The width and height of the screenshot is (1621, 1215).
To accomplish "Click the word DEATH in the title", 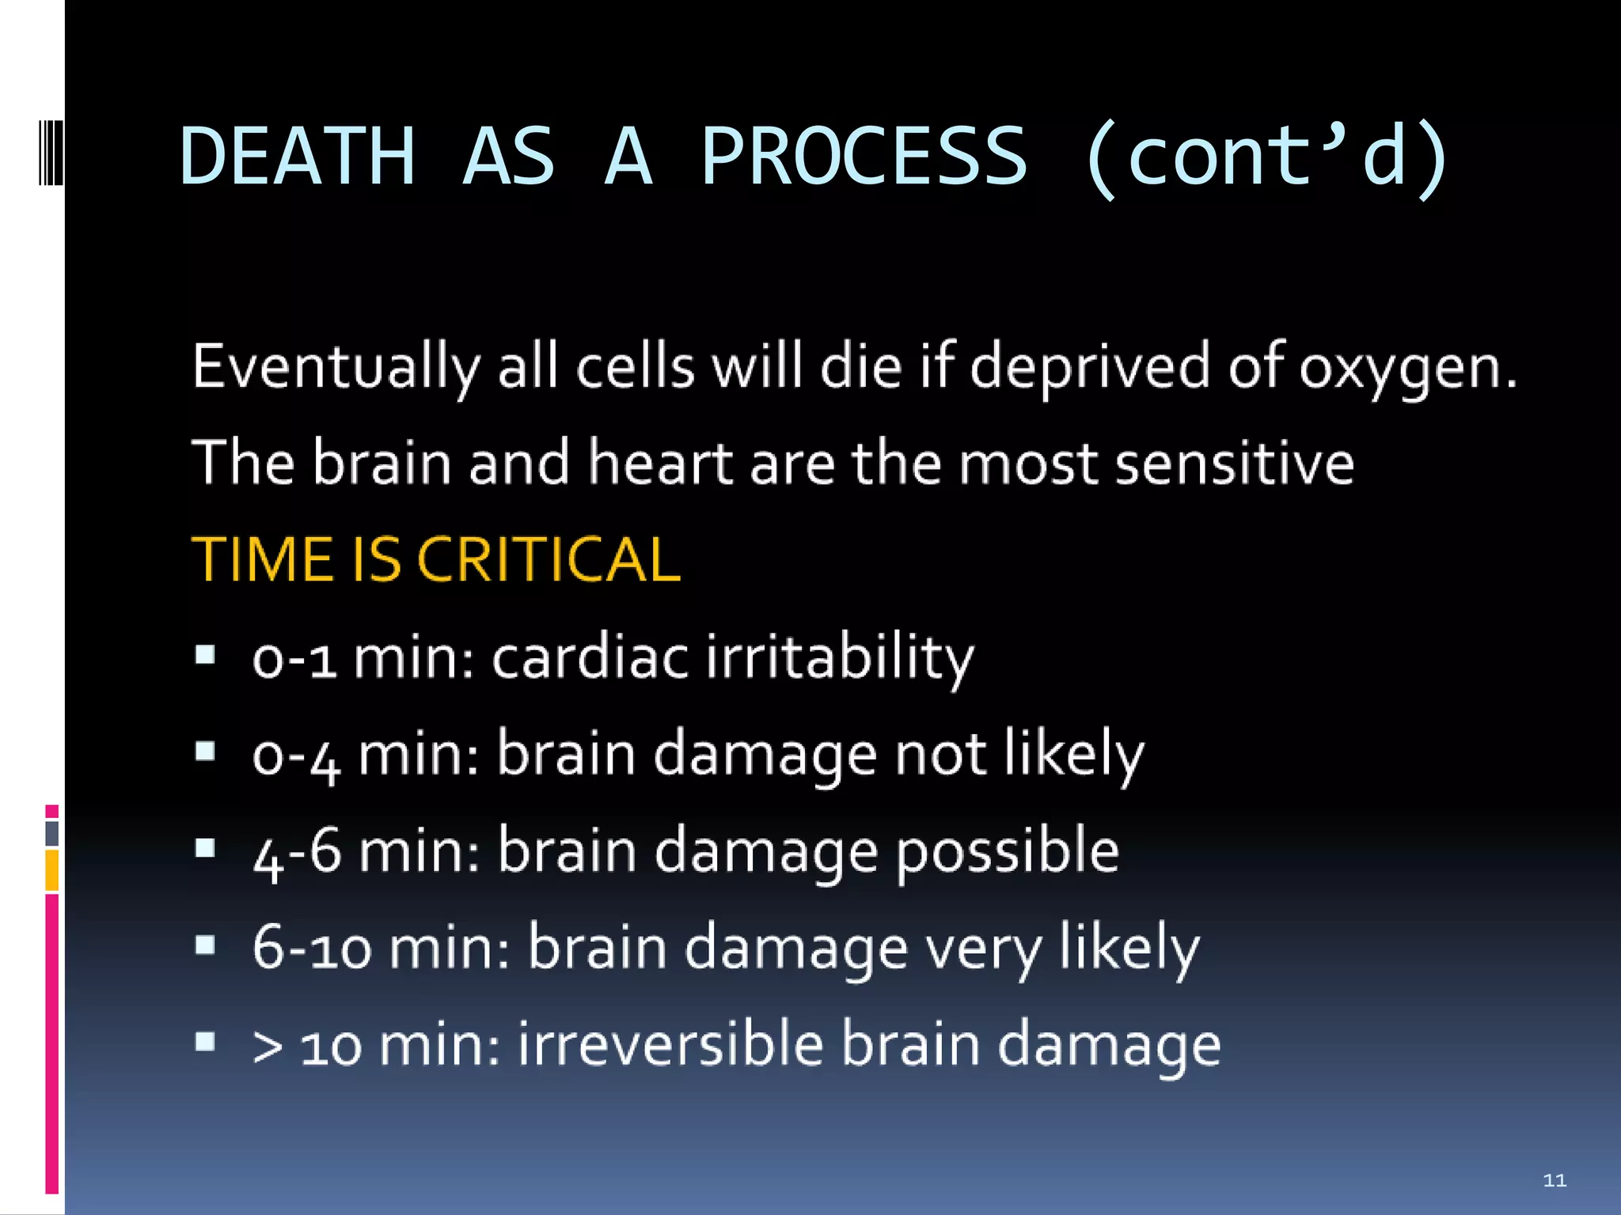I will pos(297,156).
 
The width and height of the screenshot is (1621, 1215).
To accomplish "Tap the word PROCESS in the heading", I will pos(864,156).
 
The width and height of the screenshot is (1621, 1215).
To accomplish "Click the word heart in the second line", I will pos(660,464).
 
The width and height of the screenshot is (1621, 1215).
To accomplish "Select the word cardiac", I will pos(590,657).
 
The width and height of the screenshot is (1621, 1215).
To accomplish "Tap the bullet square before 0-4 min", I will pos(205,751).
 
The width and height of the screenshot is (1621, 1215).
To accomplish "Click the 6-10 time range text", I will pos(311,948).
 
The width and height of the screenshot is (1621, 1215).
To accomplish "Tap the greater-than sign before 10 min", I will pos(268,1047).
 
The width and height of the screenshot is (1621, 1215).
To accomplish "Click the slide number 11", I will pos(1555,1180).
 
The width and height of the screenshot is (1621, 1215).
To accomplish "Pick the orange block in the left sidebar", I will pos(51,870).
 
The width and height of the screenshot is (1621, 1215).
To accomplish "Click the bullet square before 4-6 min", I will pos(205,848).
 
